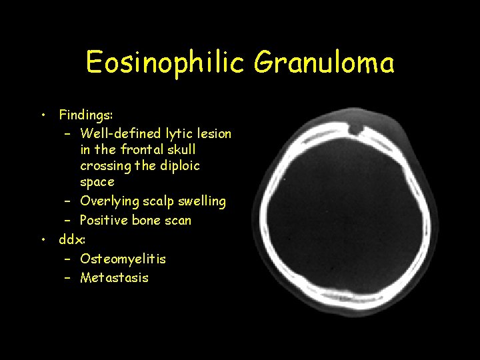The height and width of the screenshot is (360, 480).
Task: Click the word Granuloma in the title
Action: point(325,63)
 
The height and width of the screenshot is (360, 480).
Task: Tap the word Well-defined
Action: point(121,133)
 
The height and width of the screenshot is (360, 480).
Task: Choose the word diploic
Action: point(177,165)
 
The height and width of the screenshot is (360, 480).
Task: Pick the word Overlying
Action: point(108,201)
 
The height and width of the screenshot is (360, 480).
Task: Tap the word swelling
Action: point(201,201)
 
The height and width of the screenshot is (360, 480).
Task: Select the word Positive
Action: point(104,220)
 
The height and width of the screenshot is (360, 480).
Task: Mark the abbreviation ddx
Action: point(71,239)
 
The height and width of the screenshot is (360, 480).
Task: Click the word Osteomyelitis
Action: point(123,258)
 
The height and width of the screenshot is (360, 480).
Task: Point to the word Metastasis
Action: point(114,277)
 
